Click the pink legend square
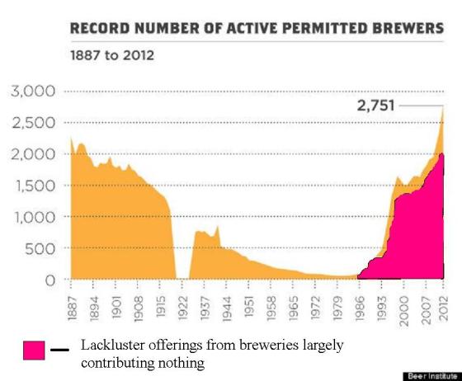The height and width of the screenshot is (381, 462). (35, 350)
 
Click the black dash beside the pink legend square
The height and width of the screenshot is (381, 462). (59, 349)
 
